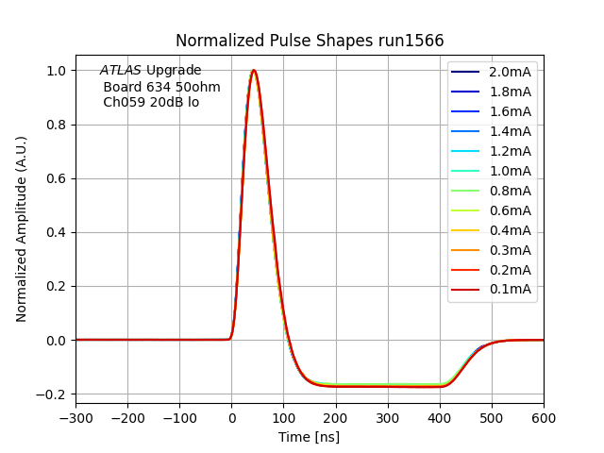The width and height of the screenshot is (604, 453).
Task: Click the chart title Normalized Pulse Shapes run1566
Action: click(310, 41)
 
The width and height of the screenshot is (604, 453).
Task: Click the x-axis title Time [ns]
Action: click(309, 437)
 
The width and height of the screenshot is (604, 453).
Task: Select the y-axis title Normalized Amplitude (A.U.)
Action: click(22, 229)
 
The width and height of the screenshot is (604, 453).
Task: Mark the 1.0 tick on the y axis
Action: click(56, 71)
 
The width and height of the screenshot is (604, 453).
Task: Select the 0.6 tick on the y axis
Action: click(56, 178)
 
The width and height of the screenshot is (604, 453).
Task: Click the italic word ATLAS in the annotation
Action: click(121, 71)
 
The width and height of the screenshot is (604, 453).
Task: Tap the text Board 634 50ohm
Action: click(161, 87)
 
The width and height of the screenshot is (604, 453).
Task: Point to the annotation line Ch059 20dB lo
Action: click(151, 102)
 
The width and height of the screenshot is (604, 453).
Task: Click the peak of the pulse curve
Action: click(253, 70)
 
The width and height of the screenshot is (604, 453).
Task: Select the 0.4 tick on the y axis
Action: click(56, 232)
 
